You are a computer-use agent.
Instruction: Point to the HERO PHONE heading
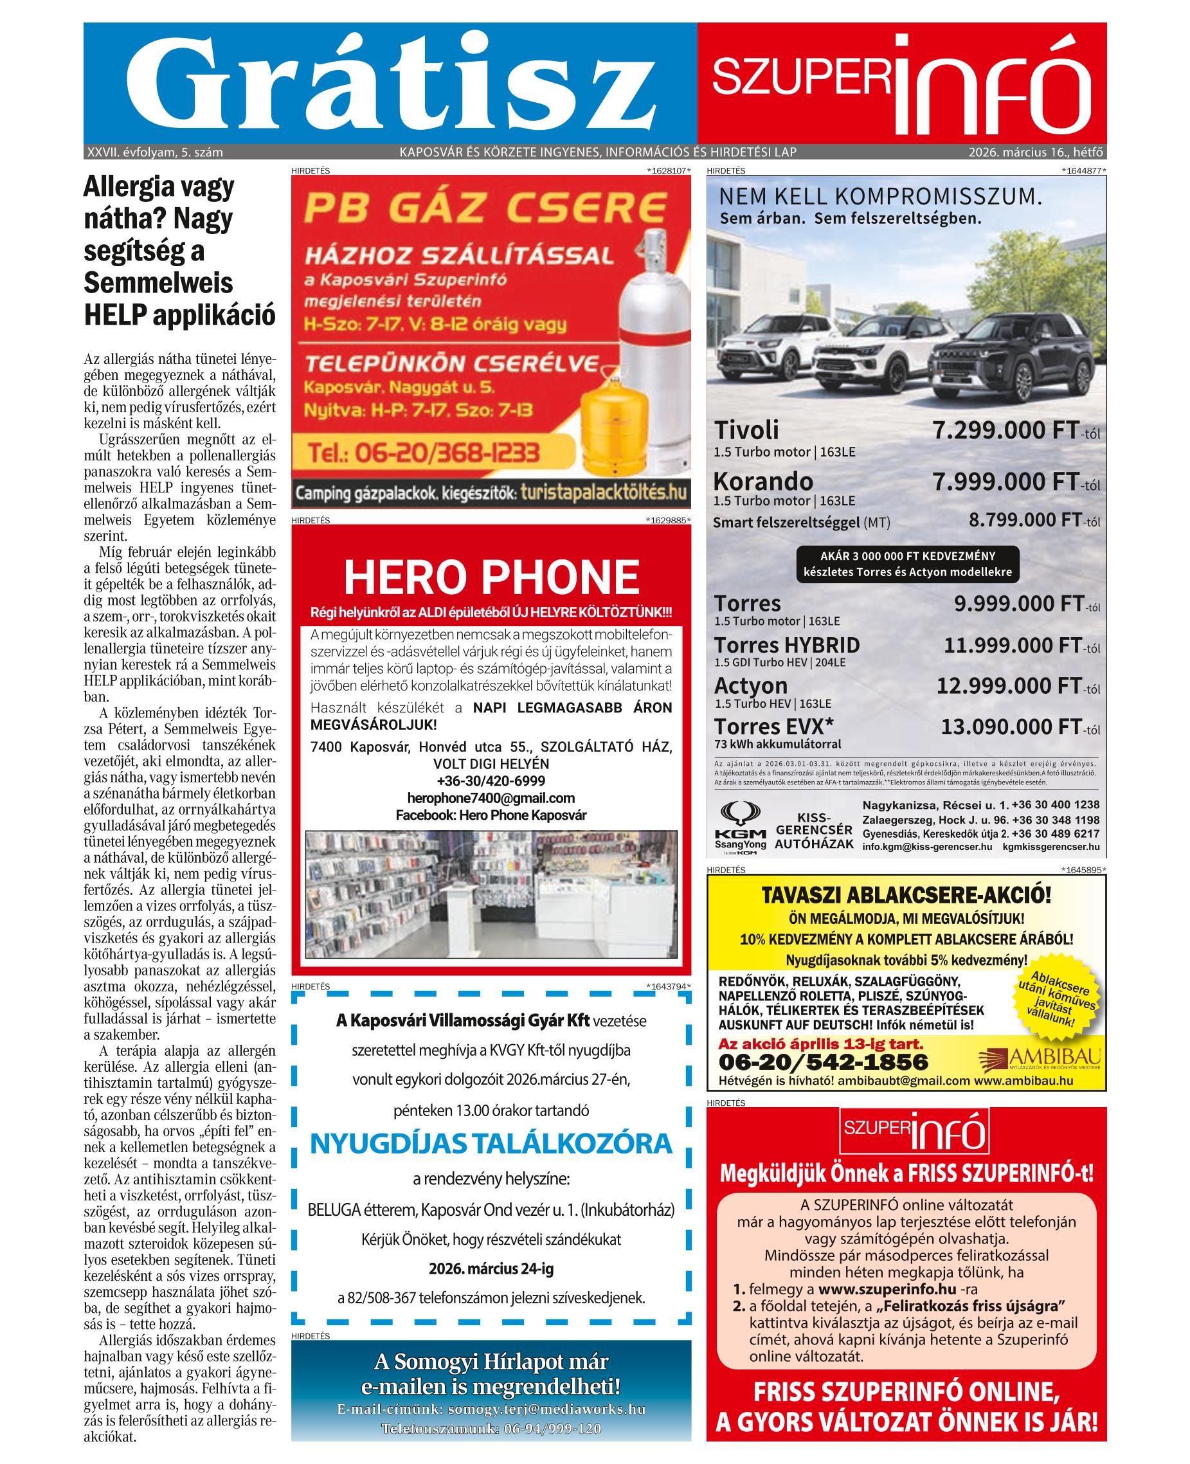[x=491, y=577]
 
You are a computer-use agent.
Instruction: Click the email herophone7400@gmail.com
[x=491, y=798]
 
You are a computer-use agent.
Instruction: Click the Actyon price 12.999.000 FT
[x=1007, y=685]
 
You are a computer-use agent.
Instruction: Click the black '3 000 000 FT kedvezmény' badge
[x=907, y=564]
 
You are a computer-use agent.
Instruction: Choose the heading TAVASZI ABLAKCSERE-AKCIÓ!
[x=906, y=895]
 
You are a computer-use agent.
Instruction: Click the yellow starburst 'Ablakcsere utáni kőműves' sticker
[x=1056, y=1000]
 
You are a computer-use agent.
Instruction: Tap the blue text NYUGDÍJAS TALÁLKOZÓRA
[x=491, y=1143]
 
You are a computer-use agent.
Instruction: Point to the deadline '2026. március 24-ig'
[x=491, y=1269]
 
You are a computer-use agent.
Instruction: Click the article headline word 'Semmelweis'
[x=158, y=282]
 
